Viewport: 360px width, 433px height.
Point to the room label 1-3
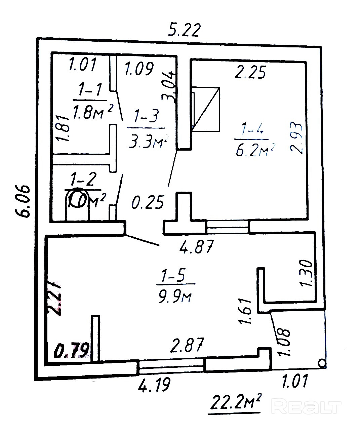(x=146, y=117)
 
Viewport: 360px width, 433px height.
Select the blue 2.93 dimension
(x=297, y=137)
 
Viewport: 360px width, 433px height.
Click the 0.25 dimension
(x=148, y=203)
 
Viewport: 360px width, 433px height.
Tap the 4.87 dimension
(x=197, y=248)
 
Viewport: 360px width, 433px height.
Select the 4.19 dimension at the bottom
(x=154, y=384)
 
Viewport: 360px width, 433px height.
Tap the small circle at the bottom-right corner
(x=321, y=363)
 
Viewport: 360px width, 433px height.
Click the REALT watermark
(x=306, y=407)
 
